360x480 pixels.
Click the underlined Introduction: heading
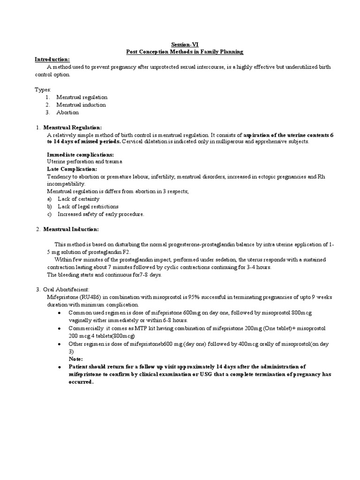point(52,60)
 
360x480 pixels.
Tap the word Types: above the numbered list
point(43,90)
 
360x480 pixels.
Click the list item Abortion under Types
point(67,112)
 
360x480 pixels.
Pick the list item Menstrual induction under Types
point(81,105)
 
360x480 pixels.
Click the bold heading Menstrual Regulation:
point(73,127)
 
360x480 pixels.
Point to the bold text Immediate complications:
point(80,154)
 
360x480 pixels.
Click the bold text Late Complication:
point(72,169)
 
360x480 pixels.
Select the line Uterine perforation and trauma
point(84,161)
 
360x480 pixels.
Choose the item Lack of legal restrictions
point(88,206)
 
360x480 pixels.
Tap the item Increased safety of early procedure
point(101,214)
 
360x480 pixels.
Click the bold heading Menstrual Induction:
point(71,229)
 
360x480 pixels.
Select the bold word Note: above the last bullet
point(75,359)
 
